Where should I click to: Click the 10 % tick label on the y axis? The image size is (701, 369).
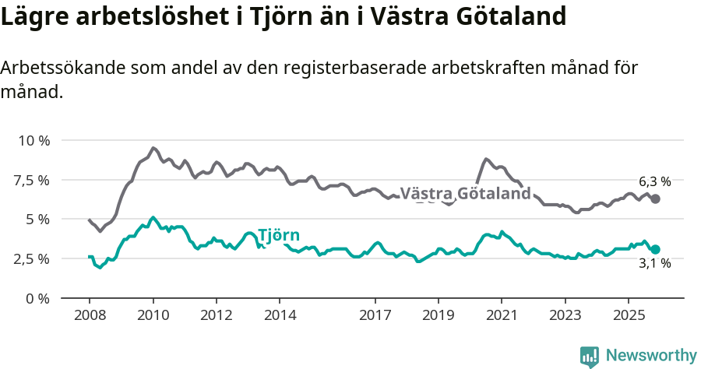33,141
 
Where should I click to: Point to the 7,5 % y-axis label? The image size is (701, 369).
31,180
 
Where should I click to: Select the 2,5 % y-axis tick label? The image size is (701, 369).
31,258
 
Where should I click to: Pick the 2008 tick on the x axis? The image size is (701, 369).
89,315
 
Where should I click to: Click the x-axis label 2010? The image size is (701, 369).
153,315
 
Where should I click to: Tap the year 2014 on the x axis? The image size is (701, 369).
280,315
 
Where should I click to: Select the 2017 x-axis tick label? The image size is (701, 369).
375,315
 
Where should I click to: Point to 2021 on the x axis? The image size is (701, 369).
502,315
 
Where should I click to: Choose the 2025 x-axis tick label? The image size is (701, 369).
629,315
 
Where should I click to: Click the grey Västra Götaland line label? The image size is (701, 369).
465,194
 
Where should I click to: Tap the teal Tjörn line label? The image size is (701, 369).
278,236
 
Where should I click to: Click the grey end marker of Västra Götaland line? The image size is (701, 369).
656,199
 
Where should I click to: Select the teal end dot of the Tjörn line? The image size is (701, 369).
656,249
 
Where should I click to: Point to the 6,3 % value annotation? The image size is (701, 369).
655,181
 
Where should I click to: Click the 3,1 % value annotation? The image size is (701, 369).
655,265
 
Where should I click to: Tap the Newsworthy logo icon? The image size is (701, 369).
590,357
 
